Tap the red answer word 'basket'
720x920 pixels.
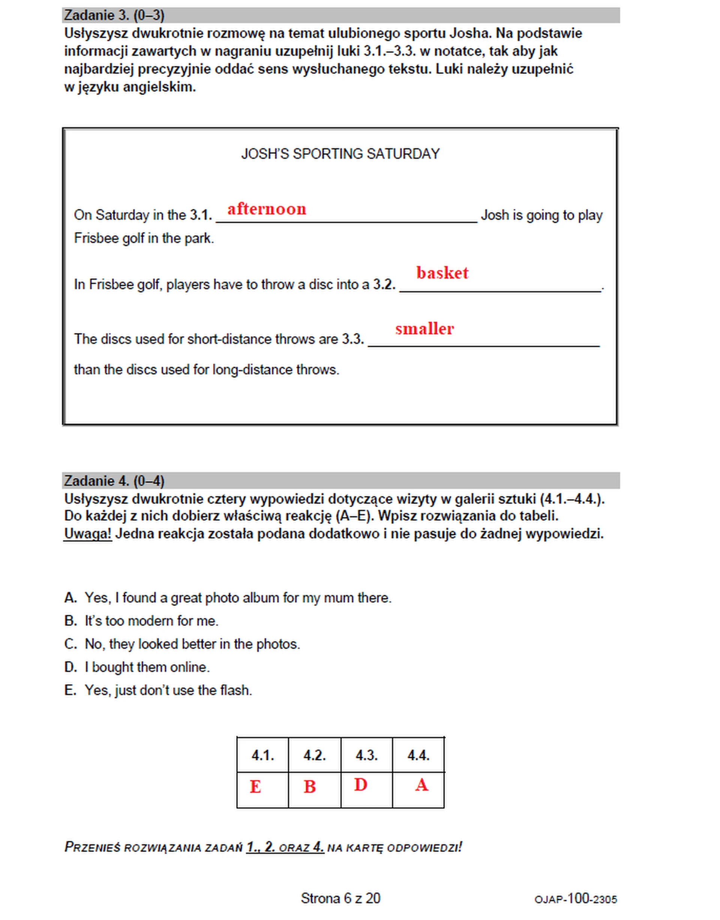pos(442,273)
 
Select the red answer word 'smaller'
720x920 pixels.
pos(424,329)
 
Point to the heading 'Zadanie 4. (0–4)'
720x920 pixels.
pos(114,481)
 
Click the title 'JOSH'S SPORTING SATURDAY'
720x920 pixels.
pos(340,154)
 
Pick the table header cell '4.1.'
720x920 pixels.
pos(262,755)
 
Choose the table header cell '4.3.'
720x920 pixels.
pos(366,755)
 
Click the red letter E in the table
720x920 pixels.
pos(255,787)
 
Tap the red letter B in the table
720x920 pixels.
pos(309,787)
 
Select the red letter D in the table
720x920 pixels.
pos(361,785)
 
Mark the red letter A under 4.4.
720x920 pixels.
pos(421,785)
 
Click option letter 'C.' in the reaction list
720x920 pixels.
pos(70,644)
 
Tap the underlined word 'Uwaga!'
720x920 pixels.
pos(88,534)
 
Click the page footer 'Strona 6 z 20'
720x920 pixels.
pos(340,899)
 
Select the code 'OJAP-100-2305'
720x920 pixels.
pos(575,899)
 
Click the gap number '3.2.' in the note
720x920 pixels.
pos(384,285)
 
